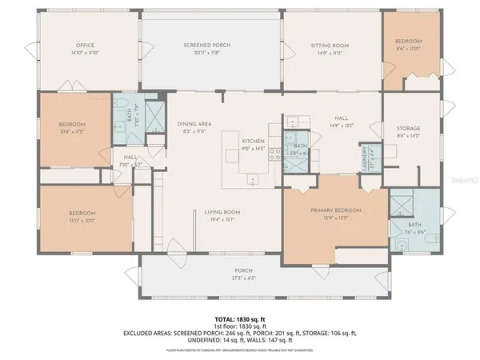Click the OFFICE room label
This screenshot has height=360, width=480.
click(x=85, y=46)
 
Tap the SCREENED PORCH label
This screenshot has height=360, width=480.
click(x=206, y=46)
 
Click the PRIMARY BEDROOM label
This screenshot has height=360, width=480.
click(x=336, y=210)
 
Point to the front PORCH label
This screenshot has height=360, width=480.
click(x=242, y=270)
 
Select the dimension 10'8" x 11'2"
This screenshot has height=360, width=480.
click(x=72, y=130)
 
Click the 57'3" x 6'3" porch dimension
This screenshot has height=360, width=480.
click(x=242, y=278)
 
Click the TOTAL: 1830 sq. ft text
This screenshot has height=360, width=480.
click(x=240, y=318)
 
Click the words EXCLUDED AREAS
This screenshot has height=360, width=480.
click(x=147, y=331)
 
